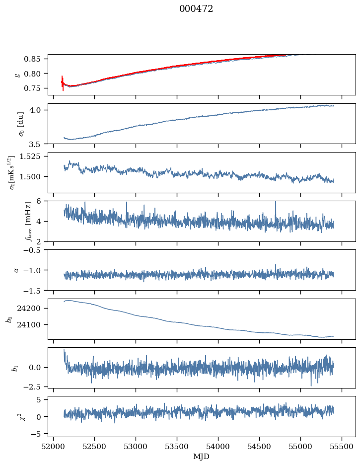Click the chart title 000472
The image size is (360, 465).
coord(196,9)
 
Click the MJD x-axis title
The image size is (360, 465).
coord(202,456)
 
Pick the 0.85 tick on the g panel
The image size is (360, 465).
coord(36,59)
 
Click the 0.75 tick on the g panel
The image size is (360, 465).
coord(36,88)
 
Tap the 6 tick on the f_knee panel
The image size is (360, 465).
coord(43,201)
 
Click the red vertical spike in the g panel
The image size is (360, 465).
coord(63,82)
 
